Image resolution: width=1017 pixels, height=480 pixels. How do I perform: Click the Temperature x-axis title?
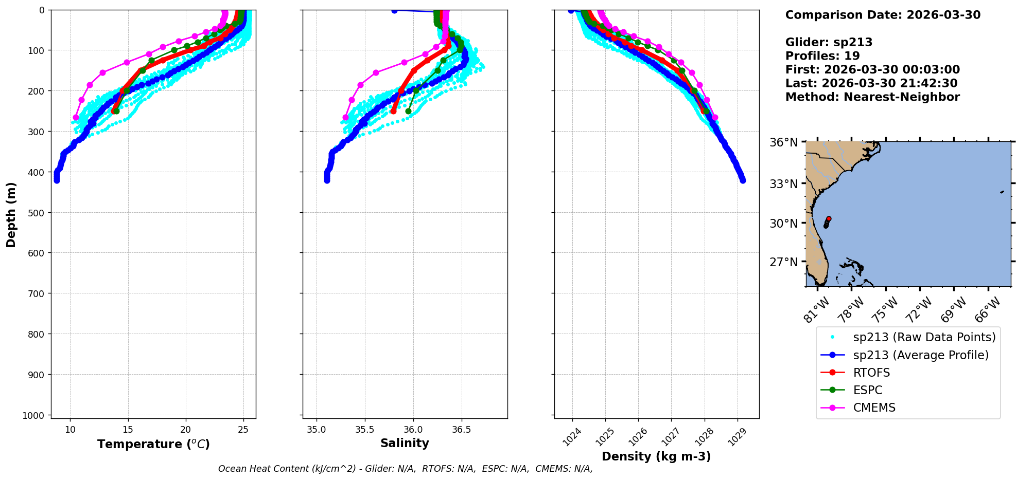click(x=153, y=444)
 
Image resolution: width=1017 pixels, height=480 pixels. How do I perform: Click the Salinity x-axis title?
click(x=405, y=443)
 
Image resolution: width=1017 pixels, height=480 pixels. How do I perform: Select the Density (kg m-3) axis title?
click(x=656, y=456)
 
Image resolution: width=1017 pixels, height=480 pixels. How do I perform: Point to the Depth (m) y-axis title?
click(x=11, y=214)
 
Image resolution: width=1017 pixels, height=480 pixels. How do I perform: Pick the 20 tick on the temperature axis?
click(x=185, y=430)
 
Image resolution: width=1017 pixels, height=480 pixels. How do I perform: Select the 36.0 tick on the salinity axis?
click(x=413, y=430)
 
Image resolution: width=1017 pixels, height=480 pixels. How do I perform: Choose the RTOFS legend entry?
click(x=871, y=373)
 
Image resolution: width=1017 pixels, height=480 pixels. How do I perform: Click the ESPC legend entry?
click(x=868, y=390)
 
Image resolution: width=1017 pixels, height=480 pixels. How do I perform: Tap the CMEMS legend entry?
click(x=874, y=408)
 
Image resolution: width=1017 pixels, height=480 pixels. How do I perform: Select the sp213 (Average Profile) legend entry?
click(x=921, y=355)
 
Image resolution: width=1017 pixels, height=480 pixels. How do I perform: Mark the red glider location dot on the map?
click(x=829, y=219)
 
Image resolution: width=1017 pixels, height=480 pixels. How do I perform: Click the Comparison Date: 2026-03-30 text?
click(x=883, y=15)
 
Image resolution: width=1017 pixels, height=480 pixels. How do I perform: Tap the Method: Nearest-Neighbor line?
click(x=872, y=97)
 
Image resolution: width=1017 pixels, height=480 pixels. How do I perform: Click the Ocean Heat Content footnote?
click(x=405, y=469)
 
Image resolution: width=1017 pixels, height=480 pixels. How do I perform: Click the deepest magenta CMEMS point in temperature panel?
click(x=76, y=117)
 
